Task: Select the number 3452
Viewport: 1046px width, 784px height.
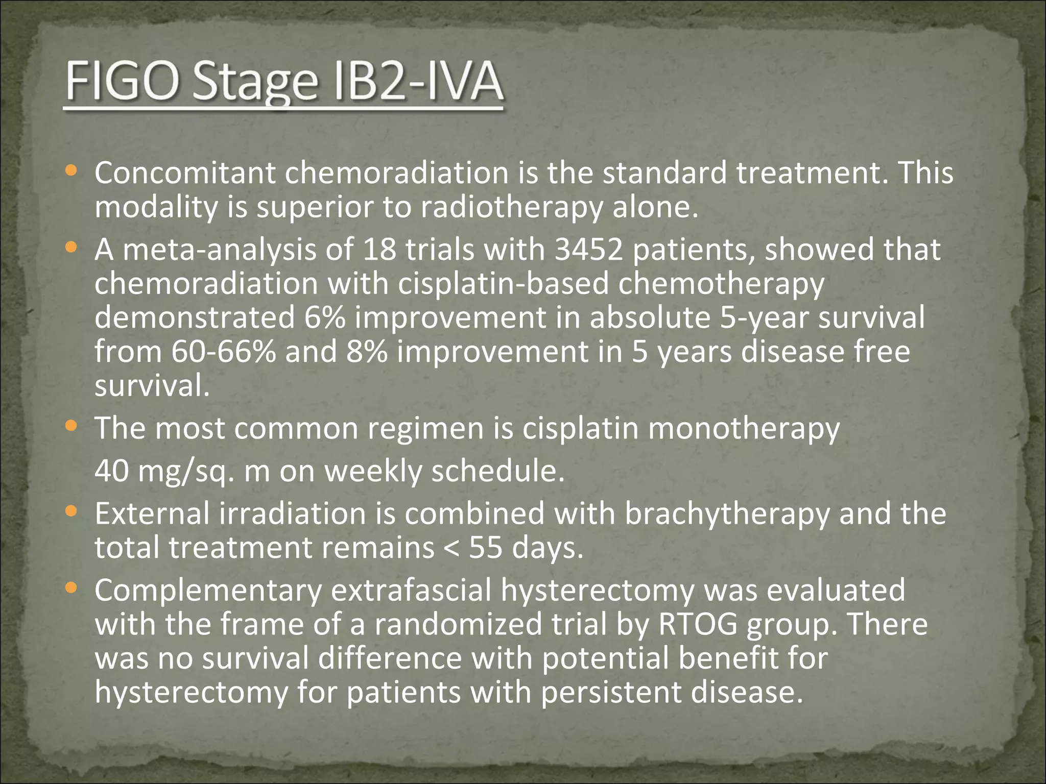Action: pos(589,250)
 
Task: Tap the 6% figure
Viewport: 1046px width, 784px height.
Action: pos(324,317)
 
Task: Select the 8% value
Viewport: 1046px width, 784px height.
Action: pos(366,352)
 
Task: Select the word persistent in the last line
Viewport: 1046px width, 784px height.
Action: pos(610,692)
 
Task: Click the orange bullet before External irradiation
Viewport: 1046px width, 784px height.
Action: pos(71,511)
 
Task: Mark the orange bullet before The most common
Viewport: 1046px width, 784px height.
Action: pos(71,425)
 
